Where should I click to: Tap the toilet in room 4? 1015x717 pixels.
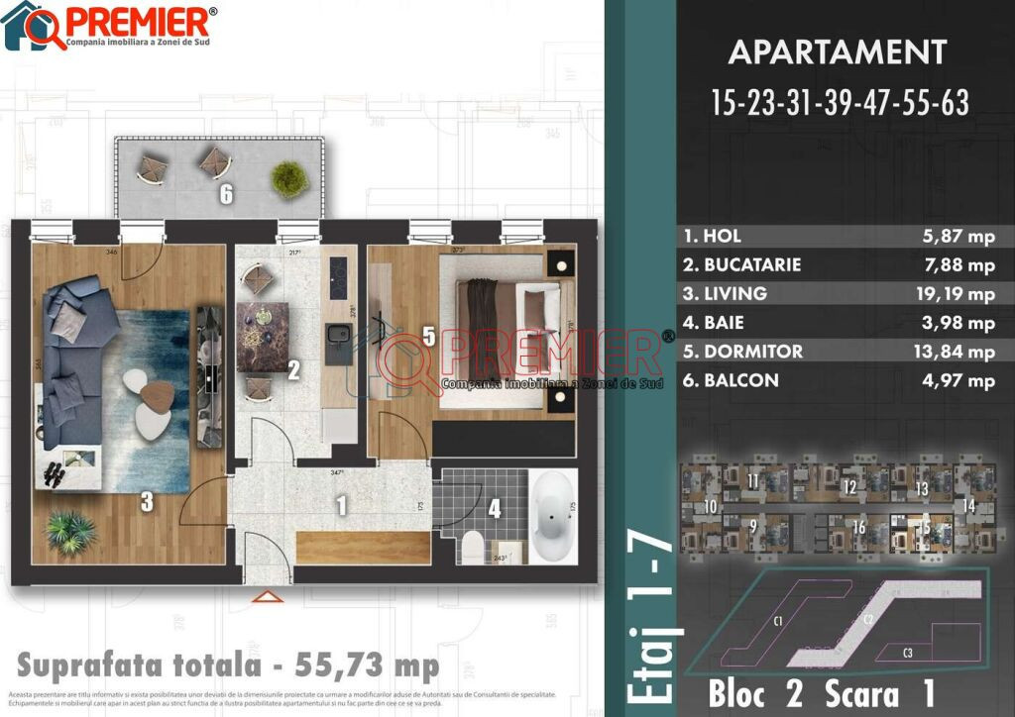(x=473, y=547)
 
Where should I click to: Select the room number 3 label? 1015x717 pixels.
(x=146, y=503)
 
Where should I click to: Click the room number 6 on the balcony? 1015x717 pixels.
(x=226, y=194)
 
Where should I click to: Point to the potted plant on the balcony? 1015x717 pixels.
(x=287, y=177)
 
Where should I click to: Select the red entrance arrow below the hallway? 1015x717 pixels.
(x=263, y=596)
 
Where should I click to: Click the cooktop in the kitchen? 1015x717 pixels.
(x=338, y=276)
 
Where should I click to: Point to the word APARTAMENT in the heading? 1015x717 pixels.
(x=838, y=51)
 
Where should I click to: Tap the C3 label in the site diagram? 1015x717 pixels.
(x=908, y=653)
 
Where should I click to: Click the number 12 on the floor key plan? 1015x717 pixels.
(x=848, y=487)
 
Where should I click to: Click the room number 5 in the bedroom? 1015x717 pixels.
(x=428, y=337)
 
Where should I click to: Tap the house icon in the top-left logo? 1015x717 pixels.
(x=24, y=27)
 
